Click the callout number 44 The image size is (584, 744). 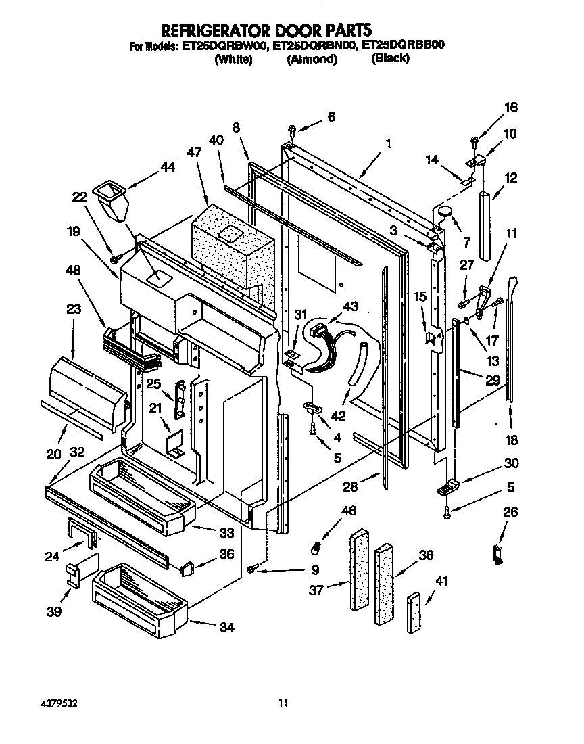tap(167, 166)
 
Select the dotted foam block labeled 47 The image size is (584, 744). tap(233, 248)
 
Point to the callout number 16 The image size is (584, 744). tap(510, 108)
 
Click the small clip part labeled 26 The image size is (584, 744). tap(500, 554)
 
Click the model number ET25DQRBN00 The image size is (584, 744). tap(314, 47)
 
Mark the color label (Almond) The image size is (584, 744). tap(312, 60)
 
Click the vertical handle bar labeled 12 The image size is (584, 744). tap(485, 225)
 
